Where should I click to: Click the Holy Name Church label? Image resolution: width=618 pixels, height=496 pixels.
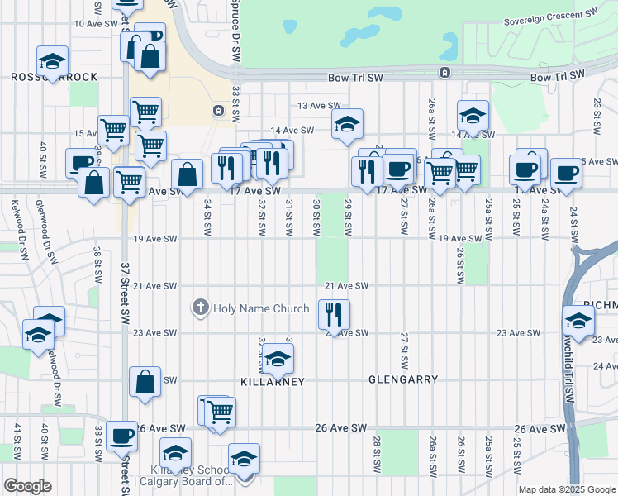(x=261, y=309)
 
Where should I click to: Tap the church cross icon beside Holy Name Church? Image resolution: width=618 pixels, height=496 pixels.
(x=200, y=309)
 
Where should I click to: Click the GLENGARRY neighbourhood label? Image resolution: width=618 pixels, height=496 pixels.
(x=403, y=379)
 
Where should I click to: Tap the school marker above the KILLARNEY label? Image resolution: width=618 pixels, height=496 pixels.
(x=278, y=360)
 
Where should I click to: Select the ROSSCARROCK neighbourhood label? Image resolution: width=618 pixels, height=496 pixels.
(x=55, y=77)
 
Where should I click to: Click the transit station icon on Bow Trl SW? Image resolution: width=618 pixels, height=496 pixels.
(x=444, y=73)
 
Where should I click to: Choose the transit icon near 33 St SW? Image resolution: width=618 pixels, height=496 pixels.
(x=217, y=110)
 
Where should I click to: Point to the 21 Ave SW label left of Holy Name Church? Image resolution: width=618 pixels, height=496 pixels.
(x=155, y=286)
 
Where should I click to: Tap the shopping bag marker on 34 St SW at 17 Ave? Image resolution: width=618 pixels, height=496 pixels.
(x=188, y=174)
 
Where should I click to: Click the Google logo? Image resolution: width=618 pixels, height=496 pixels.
(x=27, y=486)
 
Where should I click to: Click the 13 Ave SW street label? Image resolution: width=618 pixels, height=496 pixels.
(x=319, y=106)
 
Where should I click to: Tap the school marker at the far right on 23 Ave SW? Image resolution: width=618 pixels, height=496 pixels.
(x=579, y=322)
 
